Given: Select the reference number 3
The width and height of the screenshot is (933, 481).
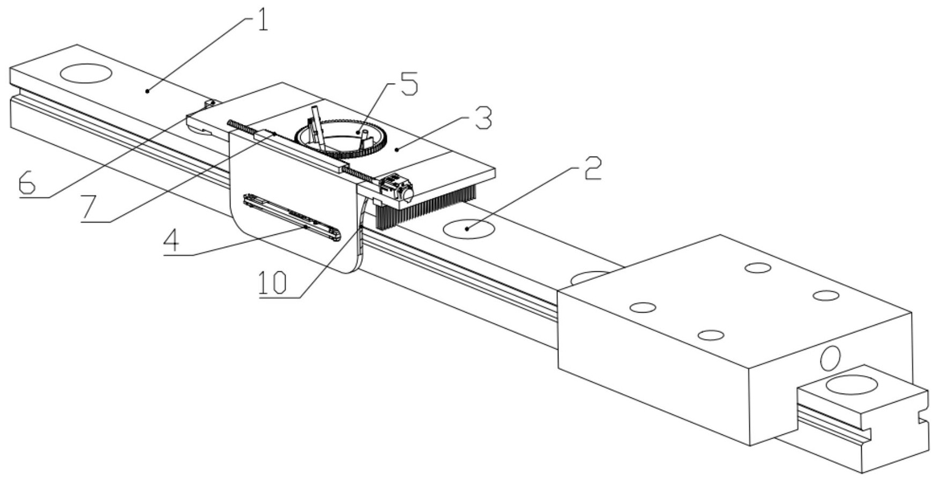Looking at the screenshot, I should (482, 120).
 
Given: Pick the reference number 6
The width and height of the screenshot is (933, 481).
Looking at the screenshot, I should (27, 183).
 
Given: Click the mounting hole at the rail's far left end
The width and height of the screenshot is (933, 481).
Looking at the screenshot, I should (86, 73).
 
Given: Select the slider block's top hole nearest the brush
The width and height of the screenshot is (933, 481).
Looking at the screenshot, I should (643, 307).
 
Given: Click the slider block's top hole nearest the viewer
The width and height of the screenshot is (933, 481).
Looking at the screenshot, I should (711, 336).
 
